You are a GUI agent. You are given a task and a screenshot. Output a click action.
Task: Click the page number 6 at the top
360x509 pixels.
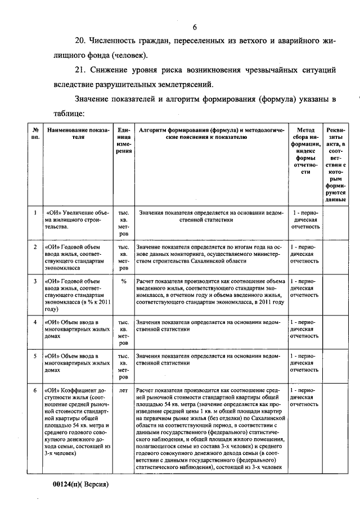195,28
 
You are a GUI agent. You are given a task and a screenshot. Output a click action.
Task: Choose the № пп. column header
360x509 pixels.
35,133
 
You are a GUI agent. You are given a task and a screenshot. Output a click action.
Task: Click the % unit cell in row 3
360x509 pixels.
124,281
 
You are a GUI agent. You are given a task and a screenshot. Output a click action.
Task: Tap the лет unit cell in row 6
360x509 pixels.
124,389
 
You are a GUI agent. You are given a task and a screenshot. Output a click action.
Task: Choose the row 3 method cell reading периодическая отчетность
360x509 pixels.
306,287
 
